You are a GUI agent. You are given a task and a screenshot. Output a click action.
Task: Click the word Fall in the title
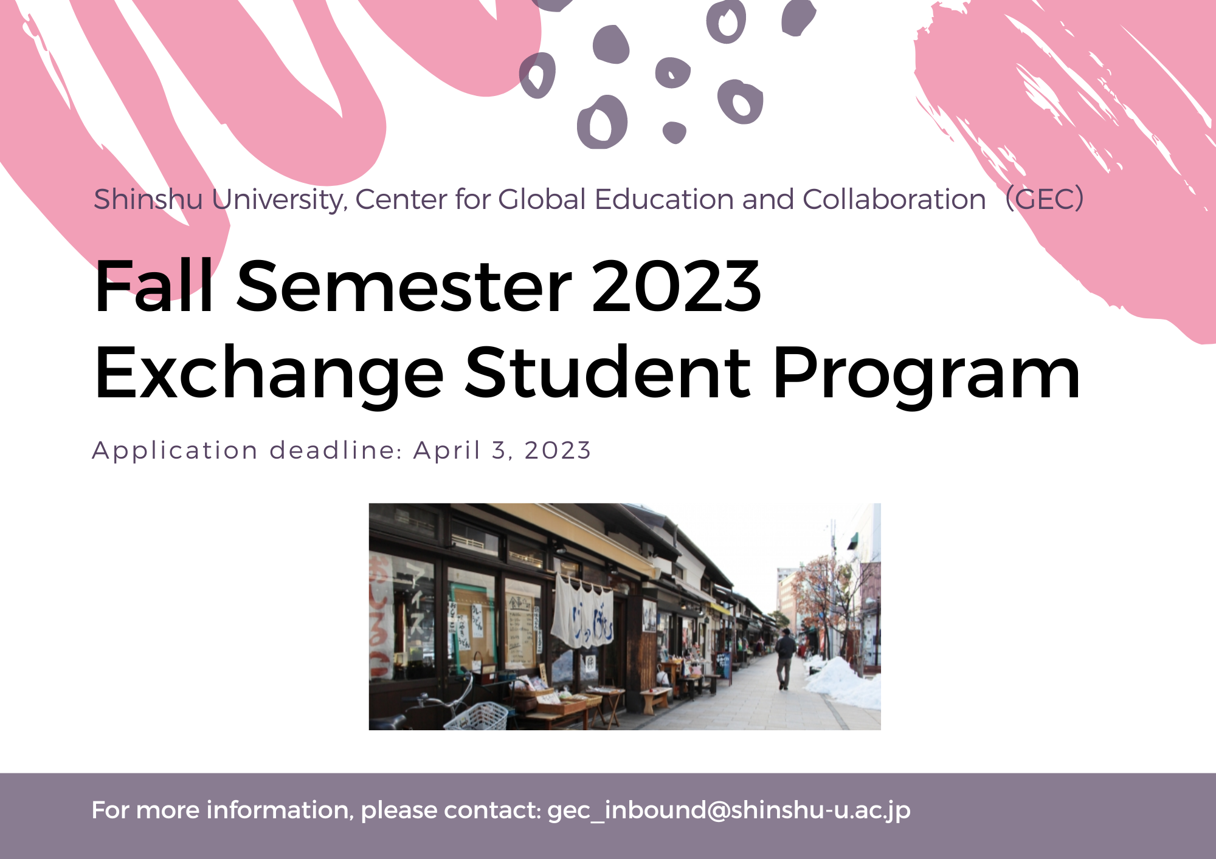pyautogui.click(x=154, y=286)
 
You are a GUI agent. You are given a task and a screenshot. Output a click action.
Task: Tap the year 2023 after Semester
pyautogui.click(x=675, y=286)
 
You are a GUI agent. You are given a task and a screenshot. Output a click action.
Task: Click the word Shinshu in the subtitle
pyautogui.click(x=148, y=199)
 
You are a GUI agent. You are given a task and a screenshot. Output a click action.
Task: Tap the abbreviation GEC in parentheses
pyautogui.click(x=1045, y=199)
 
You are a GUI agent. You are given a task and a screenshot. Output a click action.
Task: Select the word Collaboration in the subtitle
pyautogui.click(x=894, y=199)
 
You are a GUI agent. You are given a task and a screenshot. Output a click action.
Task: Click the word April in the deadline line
pyautogui.click(x=447, y=451)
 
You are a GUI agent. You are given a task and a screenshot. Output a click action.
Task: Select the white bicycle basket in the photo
pyautogui.click(x=478, y=717)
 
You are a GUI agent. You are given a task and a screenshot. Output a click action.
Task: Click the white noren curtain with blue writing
pyautogui.click(x=582, y=611)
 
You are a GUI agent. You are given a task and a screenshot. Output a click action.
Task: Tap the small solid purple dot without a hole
pyautogui.click(x=674, y=132)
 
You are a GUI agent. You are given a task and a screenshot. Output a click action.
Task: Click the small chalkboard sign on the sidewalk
pyautogui.click(x=724, y=665)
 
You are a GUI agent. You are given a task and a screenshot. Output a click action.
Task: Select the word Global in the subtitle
pyautogui.click(x=542, y=199)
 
